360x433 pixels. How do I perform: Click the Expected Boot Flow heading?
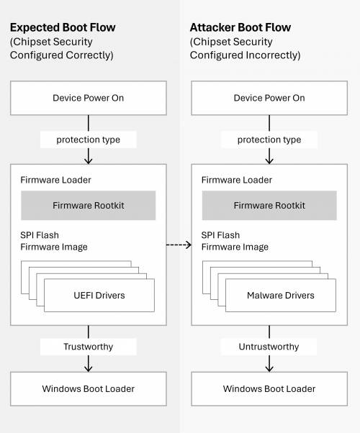click(x=62, y=28)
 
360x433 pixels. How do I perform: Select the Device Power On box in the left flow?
click(x=89, y=98)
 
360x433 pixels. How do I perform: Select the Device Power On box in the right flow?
click(x=269, y=98)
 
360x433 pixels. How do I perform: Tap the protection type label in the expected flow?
click(x=89, y=140)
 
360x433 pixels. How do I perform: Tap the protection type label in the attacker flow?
click(x=269, y=140)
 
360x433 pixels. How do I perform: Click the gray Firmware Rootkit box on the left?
click(x=89, y=206)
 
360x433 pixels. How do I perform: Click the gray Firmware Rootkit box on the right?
click(x=269, y=206)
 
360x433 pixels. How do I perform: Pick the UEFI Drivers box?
click(x=99, y=296)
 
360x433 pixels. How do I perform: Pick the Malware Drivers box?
click(x=280, y=296)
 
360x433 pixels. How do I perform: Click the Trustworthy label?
click(x=89, y=347)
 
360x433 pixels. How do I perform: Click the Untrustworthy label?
click(x=269, y=347)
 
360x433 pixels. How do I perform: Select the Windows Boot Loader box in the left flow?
click(x=89, y=388)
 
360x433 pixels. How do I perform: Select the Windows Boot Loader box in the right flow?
click(x=269, y=388)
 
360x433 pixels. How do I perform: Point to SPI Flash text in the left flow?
click(x=40, y=235)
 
